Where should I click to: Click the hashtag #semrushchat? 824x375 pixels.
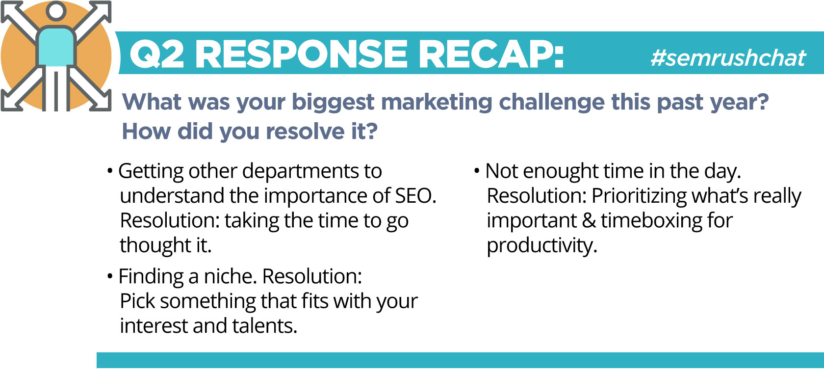coord(728,58)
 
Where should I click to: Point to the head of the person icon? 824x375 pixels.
coord(56,11)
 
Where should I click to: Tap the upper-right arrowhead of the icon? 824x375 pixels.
coord(101,10)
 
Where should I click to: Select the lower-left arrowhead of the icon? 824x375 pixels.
coord(11,100)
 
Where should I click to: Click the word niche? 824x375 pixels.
coord(231,276)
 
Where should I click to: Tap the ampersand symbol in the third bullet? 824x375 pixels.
coord(589,221)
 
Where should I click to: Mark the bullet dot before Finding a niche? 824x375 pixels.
coord(110,276)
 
